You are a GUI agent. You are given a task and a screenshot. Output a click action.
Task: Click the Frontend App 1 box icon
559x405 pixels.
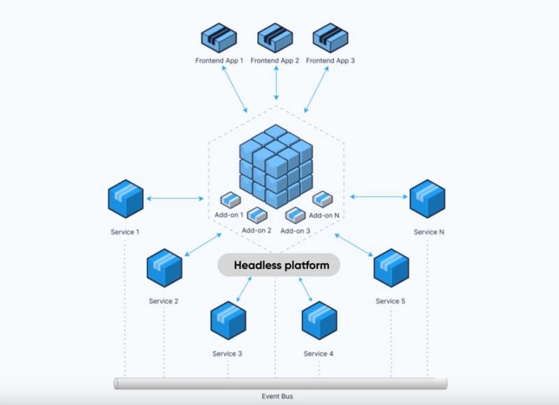pyautogui.click(x=219, y=38)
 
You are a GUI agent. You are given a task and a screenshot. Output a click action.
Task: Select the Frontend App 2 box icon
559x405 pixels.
pyautogui.click(x=275, y=38)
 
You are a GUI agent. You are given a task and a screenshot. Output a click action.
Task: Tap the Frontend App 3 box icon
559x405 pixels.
pyautogui.click(x=331, y=38)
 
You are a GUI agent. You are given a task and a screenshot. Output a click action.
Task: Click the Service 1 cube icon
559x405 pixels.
pyautogui.click(x=126, y=198)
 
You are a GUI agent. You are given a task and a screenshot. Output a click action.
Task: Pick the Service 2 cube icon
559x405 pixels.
pyautogui.click(x=164, y=267)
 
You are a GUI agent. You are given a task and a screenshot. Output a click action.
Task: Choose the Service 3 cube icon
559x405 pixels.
pyautogui.click(x=228, y=321)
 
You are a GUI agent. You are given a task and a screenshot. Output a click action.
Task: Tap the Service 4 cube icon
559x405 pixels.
pyautogui.click(x=319, y=321)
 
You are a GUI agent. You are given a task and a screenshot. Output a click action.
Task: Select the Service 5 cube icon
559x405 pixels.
pyautogui.click(x=391, y=267)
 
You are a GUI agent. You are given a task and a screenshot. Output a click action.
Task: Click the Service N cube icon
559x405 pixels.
pyautogui.click(x=427, y=198)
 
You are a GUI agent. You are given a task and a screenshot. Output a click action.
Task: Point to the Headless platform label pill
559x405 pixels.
pyautogui.click(x=278, y=265)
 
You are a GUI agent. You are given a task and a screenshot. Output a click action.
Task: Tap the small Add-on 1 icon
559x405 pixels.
pyautogui.click(x=231, y=200)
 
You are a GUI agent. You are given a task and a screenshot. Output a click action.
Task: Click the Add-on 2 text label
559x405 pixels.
pyautogui.click(x=256, y=230)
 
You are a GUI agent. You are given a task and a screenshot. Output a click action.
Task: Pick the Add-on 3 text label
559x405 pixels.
pyautogui.click(x=295, y=230)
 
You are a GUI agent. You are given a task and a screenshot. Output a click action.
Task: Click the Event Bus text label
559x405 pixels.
pyautogui.click(x=277, y=397)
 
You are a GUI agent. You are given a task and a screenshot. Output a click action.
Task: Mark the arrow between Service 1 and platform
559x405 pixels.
pyautogui.click(x=175, y=198)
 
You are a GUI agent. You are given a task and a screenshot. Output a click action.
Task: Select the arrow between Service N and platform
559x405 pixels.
pyautogui.click(x=379, y=197)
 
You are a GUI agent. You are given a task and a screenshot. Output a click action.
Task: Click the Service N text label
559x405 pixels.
pyautogui.click(x=428, y=232)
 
